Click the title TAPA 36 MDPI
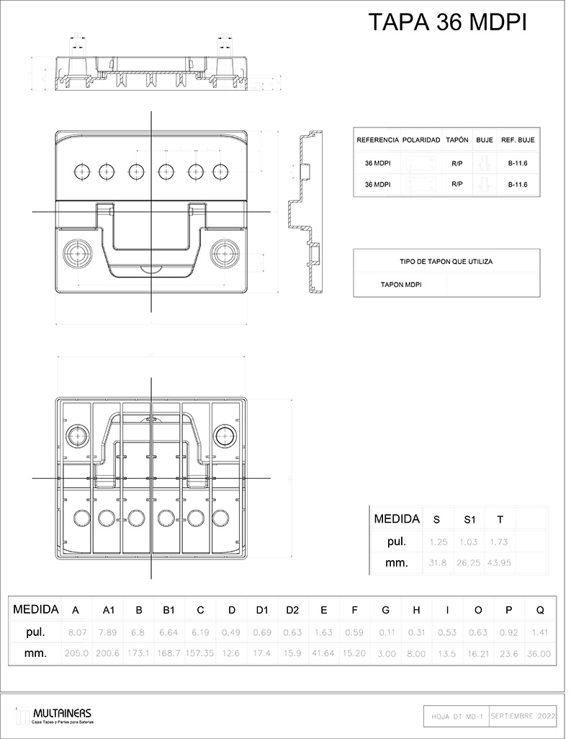[x=448, y=22]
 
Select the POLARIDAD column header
[x=421, y=139]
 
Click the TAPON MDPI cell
[x=401, y=285]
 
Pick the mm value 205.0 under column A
[x=76, y=654]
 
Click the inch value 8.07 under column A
[x=76, y=632]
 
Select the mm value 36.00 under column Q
[x=539, y=654]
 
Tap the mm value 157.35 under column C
[x=200, y=654]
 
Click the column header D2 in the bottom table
[x=292, y=610]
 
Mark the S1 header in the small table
[x=469, y=519]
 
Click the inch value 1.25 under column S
[x=438, y=541]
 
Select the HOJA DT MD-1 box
[x=455, y=717]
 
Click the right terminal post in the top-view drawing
[x=225, y=252]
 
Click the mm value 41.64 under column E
[x=324, y=654]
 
